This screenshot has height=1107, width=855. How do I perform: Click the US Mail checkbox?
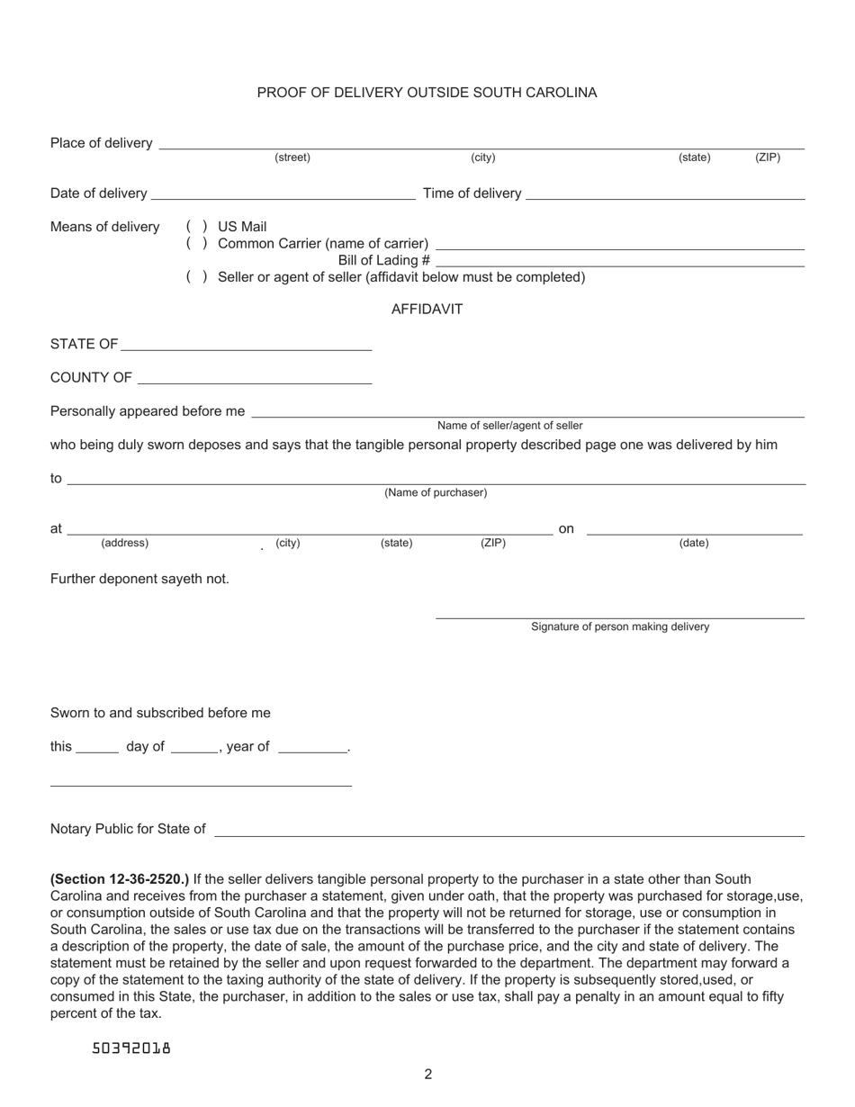197,227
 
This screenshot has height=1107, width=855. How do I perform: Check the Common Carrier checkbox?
197,244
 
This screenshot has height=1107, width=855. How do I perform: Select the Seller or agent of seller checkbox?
197,277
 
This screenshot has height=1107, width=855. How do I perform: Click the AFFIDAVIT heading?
427,310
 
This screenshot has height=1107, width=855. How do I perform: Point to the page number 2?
428,1074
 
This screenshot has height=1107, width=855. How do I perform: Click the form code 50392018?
131,1048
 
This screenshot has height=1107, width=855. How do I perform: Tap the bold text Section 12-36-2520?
120,879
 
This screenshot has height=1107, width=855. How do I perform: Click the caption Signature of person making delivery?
620,627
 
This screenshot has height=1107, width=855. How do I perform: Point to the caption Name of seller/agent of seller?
509,426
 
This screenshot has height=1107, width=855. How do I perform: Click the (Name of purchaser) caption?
436,493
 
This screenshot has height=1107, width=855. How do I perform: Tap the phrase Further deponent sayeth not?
139,579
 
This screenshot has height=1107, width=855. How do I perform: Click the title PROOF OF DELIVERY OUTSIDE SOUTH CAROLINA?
427,93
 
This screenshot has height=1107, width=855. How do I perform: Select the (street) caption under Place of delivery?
292,158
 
